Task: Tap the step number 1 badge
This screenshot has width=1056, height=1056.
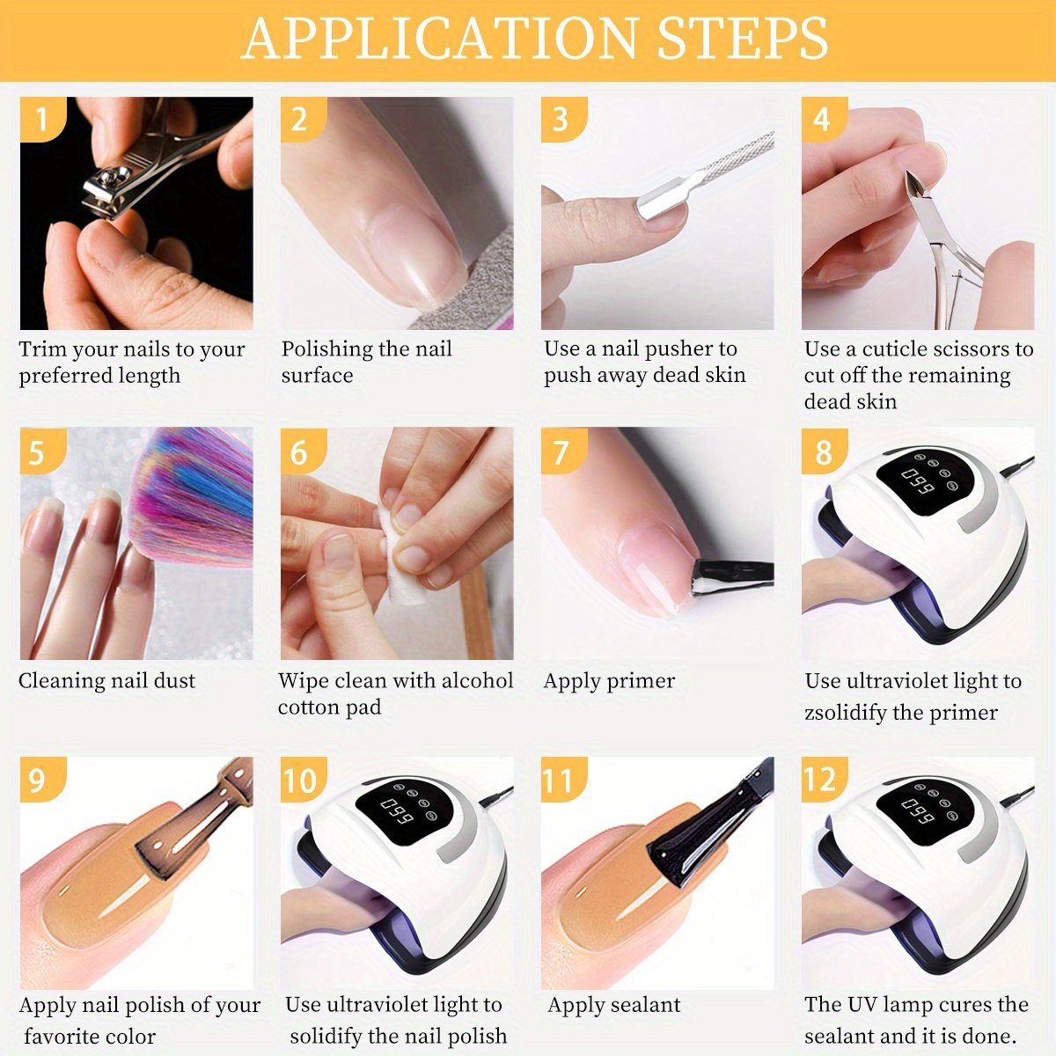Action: pyautogui.click(x=43, y=119)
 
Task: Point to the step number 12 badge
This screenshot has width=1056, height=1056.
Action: pyautogui.click(x=825, y=780)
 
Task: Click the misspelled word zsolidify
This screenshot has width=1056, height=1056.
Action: pyautogui.click(x=846, y=714)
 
